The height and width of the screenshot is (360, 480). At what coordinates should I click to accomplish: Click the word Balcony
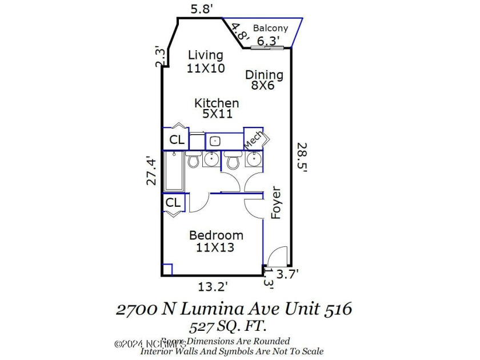(271, 28)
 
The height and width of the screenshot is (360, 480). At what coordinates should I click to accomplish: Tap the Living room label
(206, 55)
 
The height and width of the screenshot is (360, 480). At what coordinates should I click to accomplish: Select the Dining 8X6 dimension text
(263, 86)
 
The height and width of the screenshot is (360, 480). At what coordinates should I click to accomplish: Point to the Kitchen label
(217, 103)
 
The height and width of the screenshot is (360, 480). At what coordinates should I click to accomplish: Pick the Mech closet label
(253, 139)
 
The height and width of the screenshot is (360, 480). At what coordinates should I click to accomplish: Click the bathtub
(174, 170)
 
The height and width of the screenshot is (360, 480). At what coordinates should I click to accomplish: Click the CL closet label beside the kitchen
(177, 140)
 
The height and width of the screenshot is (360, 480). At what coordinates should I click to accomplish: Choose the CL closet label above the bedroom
(173, 202)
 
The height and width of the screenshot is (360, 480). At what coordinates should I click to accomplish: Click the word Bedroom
(216, 235)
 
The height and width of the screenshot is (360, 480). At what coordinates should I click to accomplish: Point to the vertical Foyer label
(276, 202)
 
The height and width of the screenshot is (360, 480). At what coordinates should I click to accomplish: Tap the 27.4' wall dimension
(151, 170)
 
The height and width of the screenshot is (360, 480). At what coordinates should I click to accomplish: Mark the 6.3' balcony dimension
(269, 41)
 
